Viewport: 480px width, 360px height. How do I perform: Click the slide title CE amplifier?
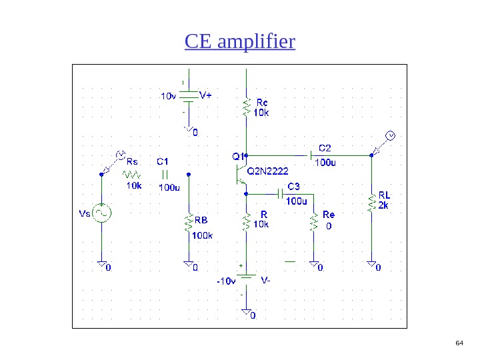coord(240,43)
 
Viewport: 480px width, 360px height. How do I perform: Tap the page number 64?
coord(459,343)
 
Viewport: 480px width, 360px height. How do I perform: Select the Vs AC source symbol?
coord(101,213)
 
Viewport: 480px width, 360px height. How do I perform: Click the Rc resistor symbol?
coord(247,106)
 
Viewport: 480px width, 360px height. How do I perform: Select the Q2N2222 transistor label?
coord(268,171)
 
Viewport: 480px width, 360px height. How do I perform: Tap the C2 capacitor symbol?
coord(311,155)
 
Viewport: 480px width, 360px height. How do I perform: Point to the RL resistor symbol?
coord(371,202)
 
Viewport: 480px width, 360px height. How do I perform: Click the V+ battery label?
coord(205,95)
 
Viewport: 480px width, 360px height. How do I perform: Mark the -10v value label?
coord(225,281)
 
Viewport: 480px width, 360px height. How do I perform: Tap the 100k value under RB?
coord(202,235)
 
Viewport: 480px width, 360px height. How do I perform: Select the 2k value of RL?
coord(383,205)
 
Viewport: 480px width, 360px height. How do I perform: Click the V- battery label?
coord(265,281)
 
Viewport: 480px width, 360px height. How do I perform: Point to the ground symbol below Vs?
coord(102,265)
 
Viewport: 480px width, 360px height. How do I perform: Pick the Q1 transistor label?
coord(237,157)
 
